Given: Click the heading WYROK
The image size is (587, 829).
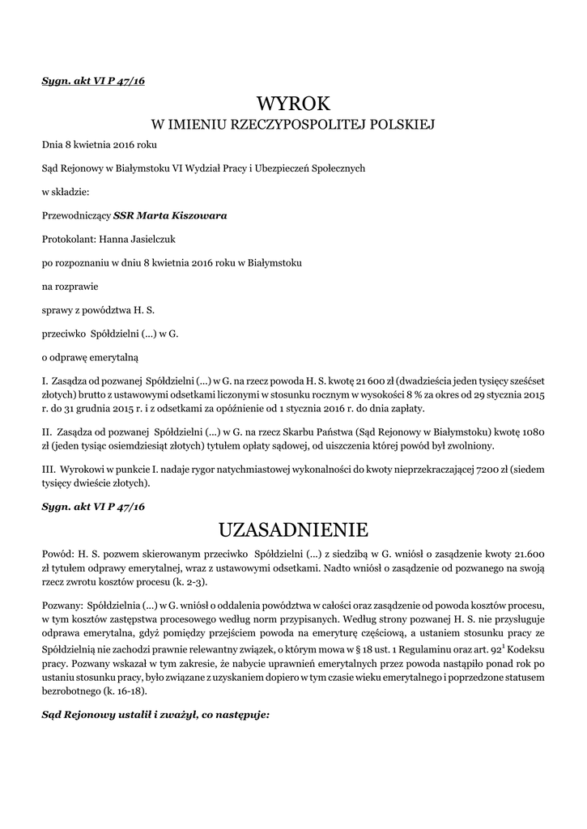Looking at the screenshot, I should coord(294,104).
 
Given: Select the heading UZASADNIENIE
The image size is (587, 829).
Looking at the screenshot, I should coord(294,529).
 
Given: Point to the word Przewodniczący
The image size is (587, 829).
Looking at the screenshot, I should coord(76,215).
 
